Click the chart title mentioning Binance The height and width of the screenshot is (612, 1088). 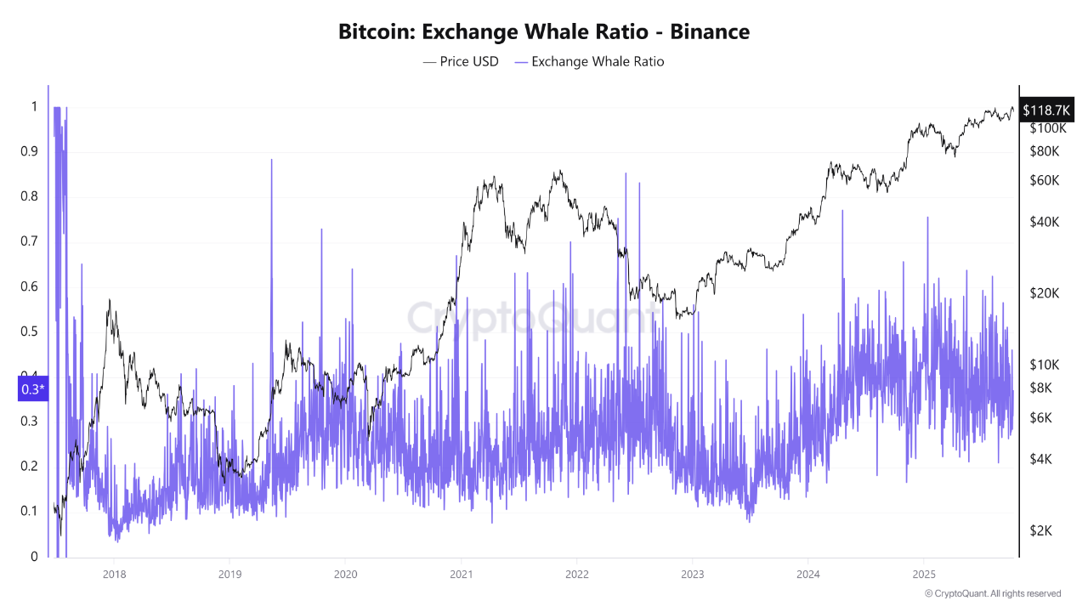[544, 32]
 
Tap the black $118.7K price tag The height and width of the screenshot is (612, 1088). [1045, 110]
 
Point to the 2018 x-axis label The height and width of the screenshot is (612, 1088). [113, 573]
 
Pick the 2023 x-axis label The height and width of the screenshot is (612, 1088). [692, 573]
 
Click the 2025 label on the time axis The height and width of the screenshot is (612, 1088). [924, 573]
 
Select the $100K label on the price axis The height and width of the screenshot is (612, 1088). [1047, 128]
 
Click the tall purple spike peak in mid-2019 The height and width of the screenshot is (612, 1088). [272, 161]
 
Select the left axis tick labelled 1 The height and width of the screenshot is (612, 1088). [34, 106]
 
